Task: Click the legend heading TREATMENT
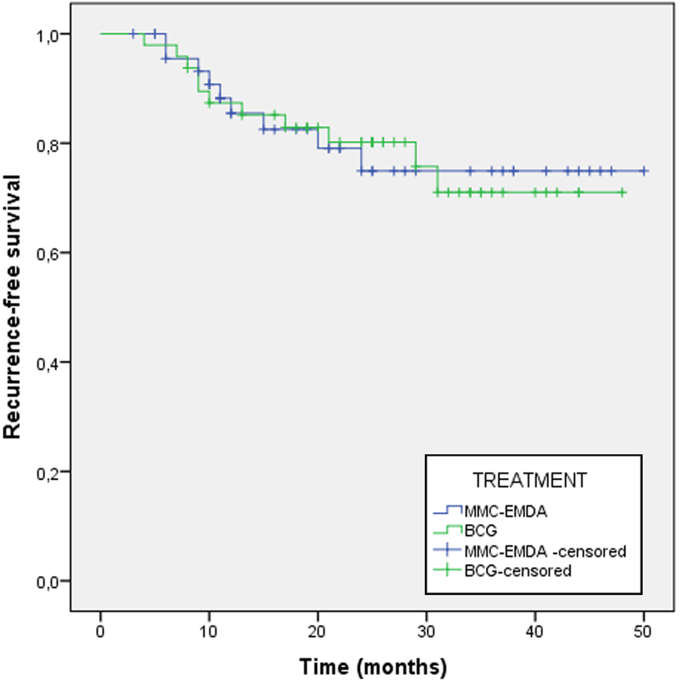coord(530,480)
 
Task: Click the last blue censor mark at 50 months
coord(644,171)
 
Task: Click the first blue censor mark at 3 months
coord(133,34)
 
